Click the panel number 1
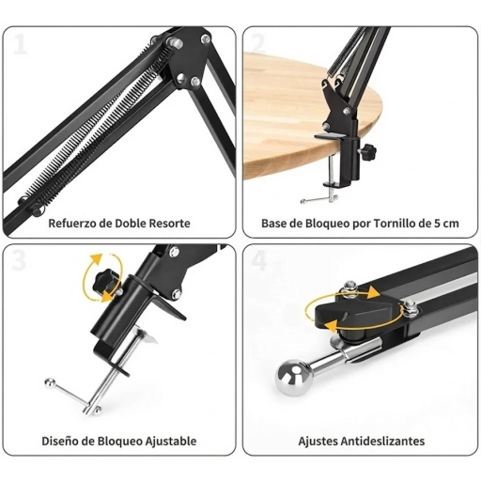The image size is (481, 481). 21,44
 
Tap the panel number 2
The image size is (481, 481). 258,43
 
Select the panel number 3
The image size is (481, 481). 19,261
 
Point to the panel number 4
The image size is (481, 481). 259,261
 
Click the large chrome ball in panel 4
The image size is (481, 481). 294,378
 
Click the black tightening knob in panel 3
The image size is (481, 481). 106,282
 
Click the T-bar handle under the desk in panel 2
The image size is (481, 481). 319,199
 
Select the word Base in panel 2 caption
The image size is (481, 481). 273,224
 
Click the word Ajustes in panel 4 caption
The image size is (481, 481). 318,442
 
